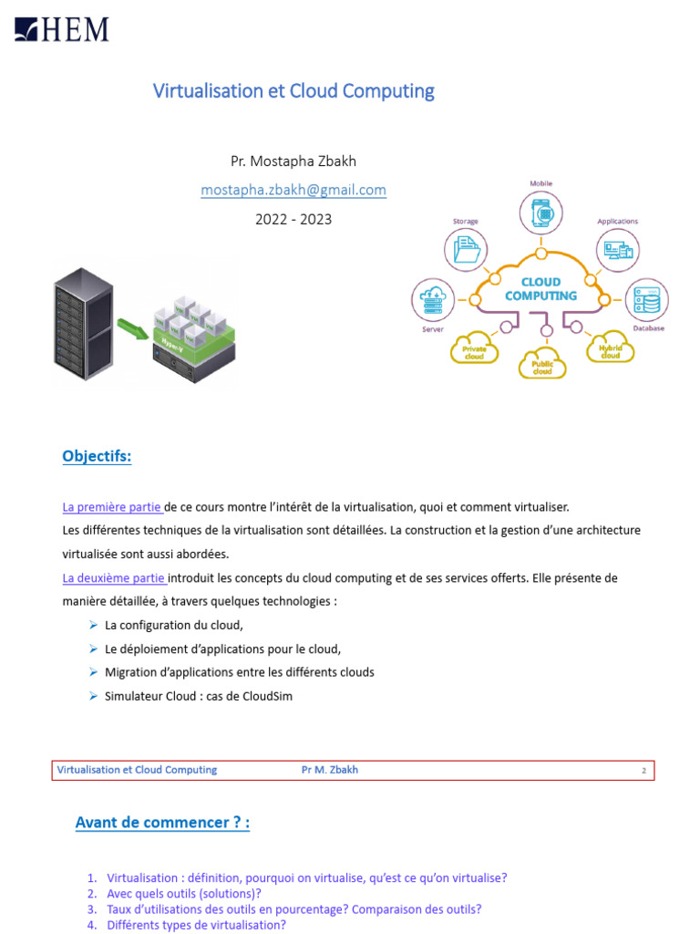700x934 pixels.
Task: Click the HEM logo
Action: click(62, 29)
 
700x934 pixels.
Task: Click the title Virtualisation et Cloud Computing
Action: click(293, 91)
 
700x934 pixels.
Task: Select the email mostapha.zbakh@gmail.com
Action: click(293, 190)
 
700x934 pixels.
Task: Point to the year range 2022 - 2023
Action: click(293, 219)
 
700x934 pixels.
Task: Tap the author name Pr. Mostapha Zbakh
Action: click(293, 161)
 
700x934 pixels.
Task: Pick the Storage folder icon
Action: click(466, 250)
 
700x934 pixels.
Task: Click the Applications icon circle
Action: click(618, 250)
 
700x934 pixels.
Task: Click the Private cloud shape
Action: click(474, 349)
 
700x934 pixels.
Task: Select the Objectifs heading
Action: click(97, 457)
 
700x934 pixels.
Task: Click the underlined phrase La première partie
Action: click(112, 506)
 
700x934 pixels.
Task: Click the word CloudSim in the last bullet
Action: click(268, 696)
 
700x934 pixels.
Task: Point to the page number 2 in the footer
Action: click(643, 771)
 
